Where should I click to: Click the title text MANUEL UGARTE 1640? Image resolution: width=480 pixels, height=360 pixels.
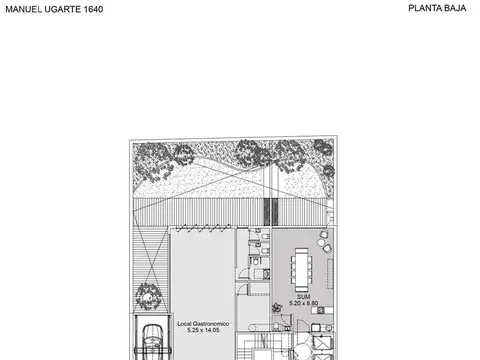(x=54, y=9)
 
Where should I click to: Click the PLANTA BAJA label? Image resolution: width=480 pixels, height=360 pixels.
(x=437, y=8)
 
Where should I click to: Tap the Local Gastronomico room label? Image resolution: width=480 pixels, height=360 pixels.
(x=203, y=324)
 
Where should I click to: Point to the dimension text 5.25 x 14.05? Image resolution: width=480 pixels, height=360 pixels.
(x=203, y=330)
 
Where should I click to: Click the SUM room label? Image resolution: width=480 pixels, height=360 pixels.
(x=303, y=297)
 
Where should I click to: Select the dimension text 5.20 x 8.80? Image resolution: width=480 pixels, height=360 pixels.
(x=303, y=303)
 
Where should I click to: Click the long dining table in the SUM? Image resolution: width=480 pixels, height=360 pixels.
(x=302, y=270)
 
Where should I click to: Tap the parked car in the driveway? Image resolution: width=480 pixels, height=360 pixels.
(x=153, y=343)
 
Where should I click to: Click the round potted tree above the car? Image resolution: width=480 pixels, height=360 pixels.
(x=149, y=296)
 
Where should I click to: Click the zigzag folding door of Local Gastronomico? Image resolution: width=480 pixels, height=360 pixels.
(x=203, y=228)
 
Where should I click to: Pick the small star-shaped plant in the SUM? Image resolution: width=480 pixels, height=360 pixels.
(x=276, y=307)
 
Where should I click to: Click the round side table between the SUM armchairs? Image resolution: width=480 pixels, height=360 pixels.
(x=321, y=242)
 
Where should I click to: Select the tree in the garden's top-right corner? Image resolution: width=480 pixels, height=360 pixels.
(x=323, y=147)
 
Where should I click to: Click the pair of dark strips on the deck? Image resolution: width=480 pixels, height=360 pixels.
(x=271, y=212)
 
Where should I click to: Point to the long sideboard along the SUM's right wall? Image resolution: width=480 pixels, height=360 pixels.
(x=330, y=274)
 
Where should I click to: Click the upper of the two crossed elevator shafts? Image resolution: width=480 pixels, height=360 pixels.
(x=323, y=343)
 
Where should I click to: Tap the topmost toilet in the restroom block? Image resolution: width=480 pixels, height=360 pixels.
(x=265, y=237)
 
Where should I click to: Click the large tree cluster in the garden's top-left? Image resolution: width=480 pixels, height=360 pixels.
(x=153, y=162)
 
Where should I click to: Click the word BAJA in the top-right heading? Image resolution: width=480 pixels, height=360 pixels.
(x=454, y=8)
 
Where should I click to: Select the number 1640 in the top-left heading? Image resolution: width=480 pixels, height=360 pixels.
(x=93, y=9)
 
